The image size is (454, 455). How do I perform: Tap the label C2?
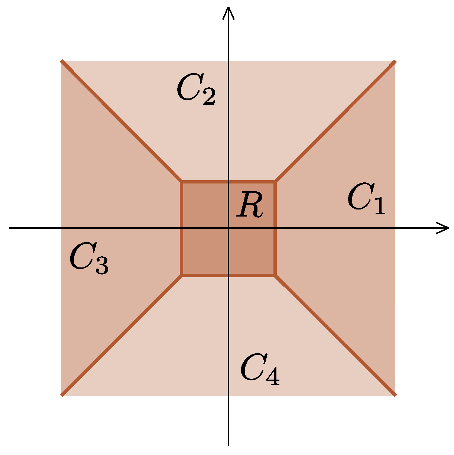pos(195,90)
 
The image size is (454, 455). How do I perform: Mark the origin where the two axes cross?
pos(228,228)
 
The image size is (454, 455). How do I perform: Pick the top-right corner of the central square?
pos(275,182)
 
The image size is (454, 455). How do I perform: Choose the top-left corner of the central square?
pos(182,182)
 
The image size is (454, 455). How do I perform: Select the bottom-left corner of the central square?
pos(182,275)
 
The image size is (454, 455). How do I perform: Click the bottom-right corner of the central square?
pos(275,275)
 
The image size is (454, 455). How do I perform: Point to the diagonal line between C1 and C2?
pos(334,122)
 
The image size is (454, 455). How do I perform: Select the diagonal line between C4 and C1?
pos(334,335)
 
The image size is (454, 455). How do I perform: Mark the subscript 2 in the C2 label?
pos(208,98)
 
